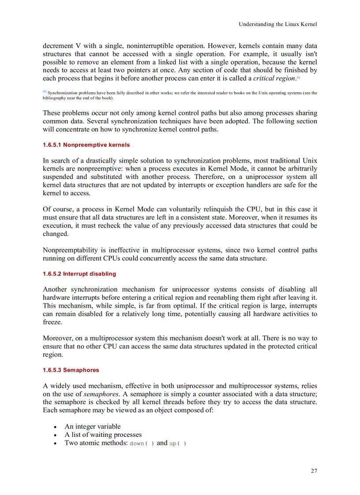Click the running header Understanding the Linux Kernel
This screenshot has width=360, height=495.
tap(277, 24)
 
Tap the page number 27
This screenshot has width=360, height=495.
tap(313, 471)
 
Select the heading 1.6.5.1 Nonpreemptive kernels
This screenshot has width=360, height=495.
tap(86, 145)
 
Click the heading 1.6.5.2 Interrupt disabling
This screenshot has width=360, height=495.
tap(79, 274)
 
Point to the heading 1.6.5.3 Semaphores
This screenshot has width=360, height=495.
tap(71, 370)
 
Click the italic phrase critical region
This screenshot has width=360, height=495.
tap(274, 78)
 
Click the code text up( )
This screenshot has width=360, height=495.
tap(178, 443)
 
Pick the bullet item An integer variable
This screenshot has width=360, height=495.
tap(92, 426)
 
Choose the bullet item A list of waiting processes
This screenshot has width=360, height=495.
tap(103, 435)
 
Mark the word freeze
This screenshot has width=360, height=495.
tap(52, 322)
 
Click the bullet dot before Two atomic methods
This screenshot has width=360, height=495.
tap(55, 443)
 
